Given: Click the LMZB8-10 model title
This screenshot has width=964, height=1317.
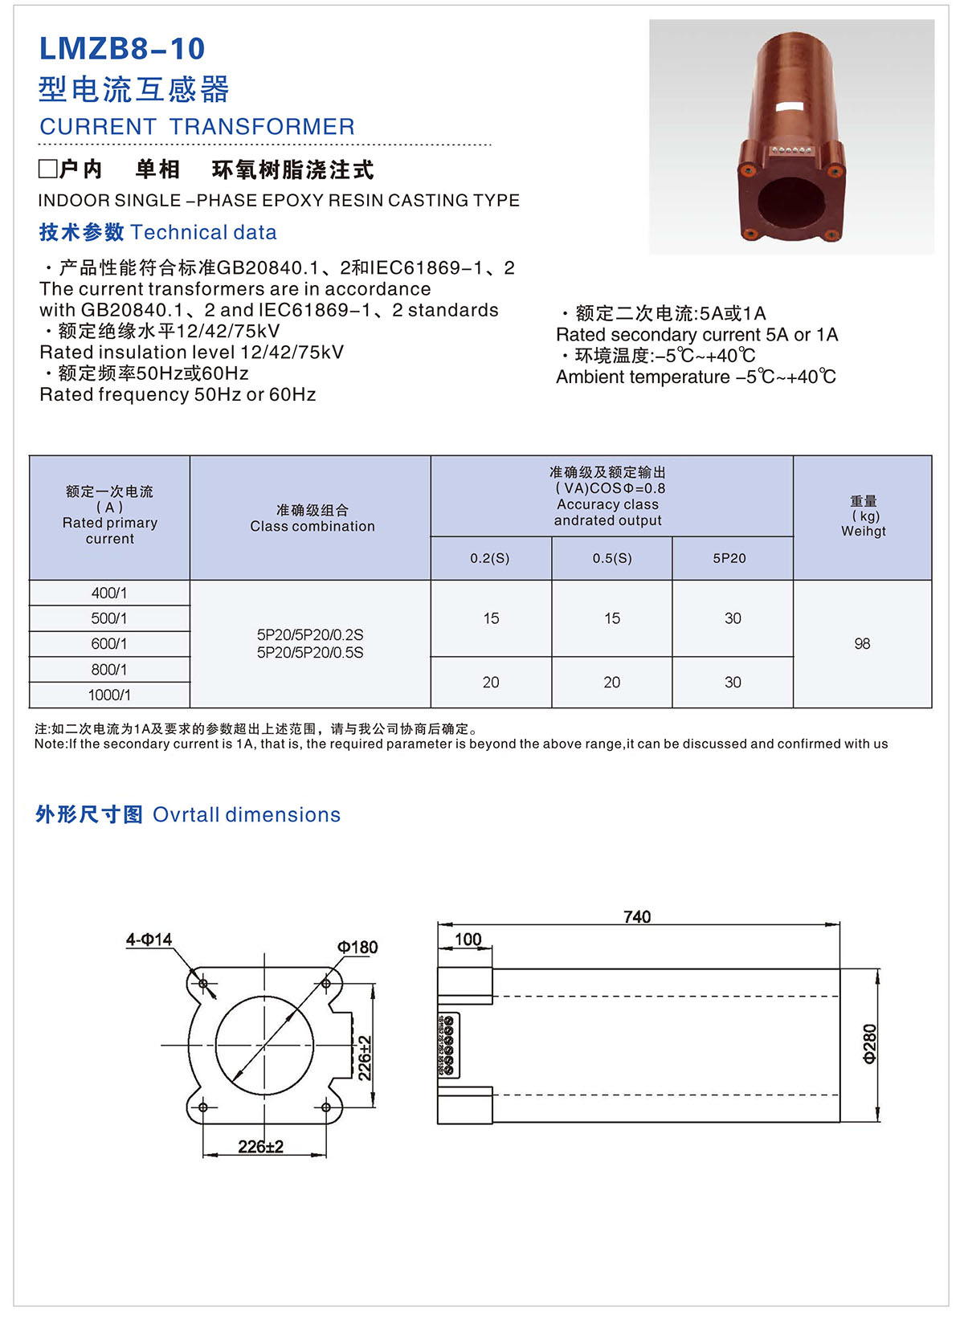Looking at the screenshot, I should click(x=122, y=49).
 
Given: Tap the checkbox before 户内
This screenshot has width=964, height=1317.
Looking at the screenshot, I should click(x=47, y=169).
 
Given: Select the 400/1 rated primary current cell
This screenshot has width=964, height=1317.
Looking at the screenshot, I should click(x=109, y=593).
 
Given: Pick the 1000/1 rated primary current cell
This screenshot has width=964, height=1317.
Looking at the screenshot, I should click(x=109, y=695).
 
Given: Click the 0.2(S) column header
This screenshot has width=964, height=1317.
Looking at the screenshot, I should click(x=490, y=558).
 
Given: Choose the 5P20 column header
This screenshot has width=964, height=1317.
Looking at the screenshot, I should click(x=729, y=558).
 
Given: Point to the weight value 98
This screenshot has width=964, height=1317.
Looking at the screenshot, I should click(x=862, y=644).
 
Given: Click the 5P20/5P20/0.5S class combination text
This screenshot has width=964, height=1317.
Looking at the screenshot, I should click(x=310, y=653).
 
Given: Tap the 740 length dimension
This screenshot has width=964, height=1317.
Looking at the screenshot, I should click(x=637, y=916).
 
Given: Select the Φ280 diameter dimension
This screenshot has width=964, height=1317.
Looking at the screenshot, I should click(x=870, y=1044).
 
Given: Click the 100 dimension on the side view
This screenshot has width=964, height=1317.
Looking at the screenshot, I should click(x=468, y=939).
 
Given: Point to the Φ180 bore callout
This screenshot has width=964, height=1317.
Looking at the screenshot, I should click(x=357, y=948).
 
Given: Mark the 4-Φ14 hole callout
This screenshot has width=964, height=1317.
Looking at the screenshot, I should click(x=149, y=940).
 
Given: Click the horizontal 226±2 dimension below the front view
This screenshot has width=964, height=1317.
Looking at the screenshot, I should click(x=260, y=1147).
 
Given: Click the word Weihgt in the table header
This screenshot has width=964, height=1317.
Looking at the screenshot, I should click(x=864, y=531).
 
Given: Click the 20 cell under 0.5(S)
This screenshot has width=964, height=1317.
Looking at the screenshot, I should click(x=612, y=683).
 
